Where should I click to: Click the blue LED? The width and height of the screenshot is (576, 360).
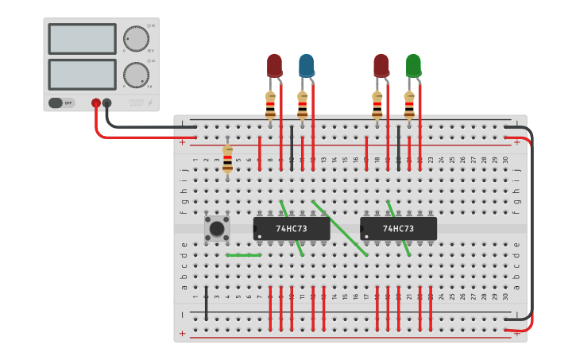[x=306, y=65]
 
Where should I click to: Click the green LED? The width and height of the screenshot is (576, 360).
[x=413, y=65]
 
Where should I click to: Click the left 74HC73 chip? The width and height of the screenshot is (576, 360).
[x=292, y=229]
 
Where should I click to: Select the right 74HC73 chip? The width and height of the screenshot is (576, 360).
[x=399, y=229]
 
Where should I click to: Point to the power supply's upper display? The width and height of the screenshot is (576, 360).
[x=83, y=39]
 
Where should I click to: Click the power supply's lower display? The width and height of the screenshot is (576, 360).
[x=83, y=75]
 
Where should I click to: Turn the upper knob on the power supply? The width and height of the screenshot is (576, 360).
[x=136, y=38]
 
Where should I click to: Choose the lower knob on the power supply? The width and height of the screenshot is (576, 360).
[x=136, y=75]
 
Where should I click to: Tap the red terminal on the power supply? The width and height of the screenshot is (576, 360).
[x=96, y=103]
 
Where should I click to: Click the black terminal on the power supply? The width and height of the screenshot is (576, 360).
[x=107, y=103]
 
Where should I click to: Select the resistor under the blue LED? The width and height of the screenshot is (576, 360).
[x=302, y=104]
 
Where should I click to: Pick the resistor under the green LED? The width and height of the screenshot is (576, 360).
[x=409, y=104]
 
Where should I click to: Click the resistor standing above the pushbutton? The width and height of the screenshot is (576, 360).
[x=228, y=158]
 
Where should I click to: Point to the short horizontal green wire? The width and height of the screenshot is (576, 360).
[x=243, y=255]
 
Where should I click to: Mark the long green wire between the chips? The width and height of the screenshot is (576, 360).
[x=340, y=228]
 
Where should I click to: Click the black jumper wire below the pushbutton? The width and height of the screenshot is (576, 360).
[x=207, y=304]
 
